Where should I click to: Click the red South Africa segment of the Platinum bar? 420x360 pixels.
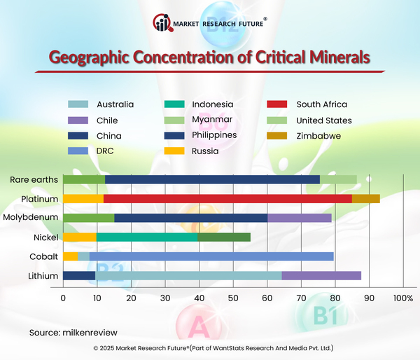(227, 199)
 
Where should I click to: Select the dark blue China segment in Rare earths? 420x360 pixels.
(212, 180)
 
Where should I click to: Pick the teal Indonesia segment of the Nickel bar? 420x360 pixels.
(147, 237)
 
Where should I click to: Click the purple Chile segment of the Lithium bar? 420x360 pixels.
(321, 275)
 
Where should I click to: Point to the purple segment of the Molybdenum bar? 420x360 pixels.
(300, 218)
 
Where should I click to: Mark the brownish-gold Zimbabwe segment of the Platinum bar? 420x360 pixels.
(366, 199)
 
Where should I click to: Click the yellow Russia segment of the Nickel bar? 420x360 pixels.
(80, 237)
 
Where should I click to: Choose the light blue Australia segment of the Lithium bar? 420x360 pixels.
(188, 275)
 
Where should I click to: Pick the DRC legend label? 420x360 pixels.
(104, 151)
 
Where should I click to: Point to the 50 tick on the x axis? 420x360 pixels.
(233, 299)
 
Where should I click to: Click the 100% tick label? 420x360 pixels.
(403, 299)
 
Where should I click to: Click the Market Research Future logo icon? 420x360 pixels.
(162, 23)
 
